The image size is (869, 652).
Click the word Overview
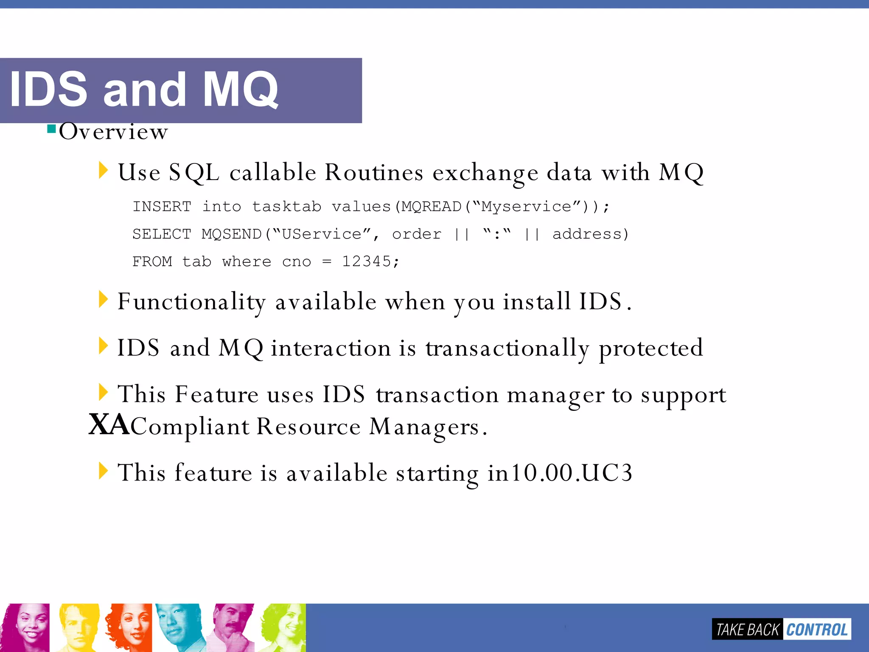click(113, 132)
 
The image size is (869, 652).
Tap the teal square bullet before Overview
click(52, 129)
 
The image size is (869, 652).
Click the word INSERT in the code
click(162, 207)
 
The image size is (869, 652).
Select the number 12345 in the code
click(366, 261)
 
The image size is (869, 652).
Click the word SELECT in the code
click(162, 234)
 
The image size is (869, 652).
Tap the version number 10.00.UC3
click(571, 473)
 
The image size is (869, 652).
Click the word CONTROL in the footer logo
click(817, 630)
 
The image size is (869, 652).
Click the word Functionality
click(191, 302)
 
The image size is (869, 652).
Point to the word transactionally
click(507, 348)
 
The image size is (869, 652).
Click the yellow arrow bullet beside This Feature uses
click(103, 392)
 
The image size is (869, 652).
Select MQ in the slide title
click(240, 89)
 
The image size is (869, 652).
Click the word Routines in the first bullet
click(374, 173)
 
